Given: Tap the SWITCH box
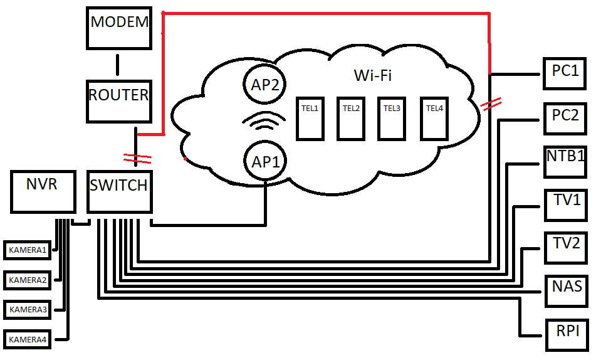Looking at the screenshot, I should (119, 191).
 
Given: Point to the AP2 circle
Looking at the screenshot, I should (264, 85).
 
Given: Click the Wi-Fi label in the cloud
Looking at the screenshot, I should (373, 76).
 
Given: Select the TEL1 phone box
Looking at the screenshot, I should (310, 118).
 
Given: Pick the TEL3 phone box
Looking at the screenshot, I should (392, 118).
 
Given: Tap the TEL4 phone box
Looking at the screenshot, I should (434, 118).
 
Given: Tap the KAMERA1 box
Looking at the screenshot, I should (28, 250).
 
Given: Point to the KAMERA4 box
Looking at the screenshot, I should (28, 339).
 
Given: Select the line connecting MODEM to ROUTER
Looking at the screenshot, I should (117, 65).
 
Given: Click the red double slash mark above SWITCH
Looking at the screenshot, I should (137, 158).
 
